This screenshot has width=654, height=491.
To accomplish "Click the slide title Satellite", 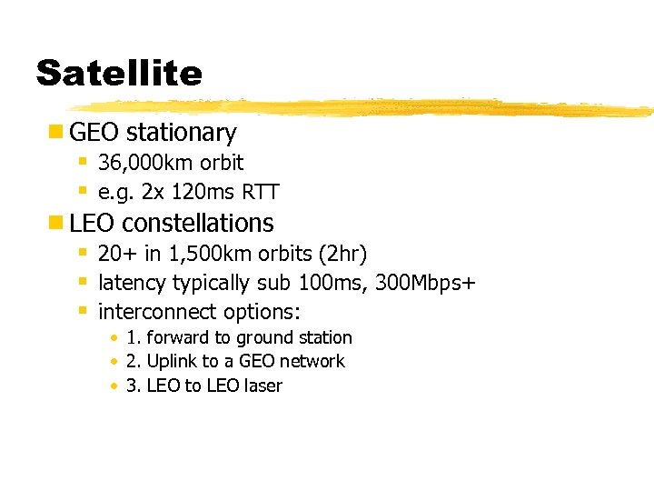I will pyautogui.click(x=119, y=72).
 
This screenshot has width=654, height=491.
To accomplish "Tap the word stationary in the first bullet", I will pyautogui.click(x=181, y=133).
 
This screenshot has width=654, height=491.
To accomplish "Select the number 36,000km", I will pyautogui.click(x=140, y=164).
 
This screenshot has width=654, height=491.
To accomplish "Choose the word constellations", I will pyautogui.click(x=197, y=223).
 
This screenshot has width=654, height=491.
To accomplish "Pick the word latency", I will pyautogui.click(x=133, y=283).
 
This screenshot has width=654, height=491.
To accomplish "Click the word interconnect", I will pyautogui.click(x=150, y=312).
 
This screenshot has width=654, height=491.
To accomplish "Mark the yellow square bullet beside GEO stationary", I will pyautogui.click(x=55, y=133).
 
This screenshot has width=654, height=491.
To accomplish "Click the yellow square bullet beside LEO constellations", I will pyautogui.click(x=55, y=223).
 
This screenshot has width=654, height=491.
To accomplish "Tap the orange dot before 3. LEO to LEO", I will pyautogui.click(x=114, y=386).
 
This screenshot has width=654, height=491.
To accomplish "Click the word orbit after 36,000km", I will pyautogui.click(x=223, y=164).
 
